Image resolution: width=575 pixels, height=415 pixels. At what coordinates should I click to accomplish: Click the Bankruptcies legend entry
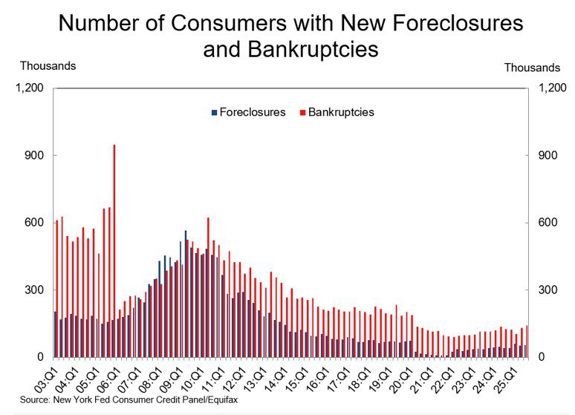click(341, 113)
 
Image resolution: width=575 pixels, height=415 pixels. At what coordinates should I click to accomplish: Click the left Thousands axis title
click(48, 65)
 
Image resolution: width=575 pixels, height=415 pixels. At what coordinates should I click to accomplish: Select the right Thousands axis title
click(532, 67)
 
